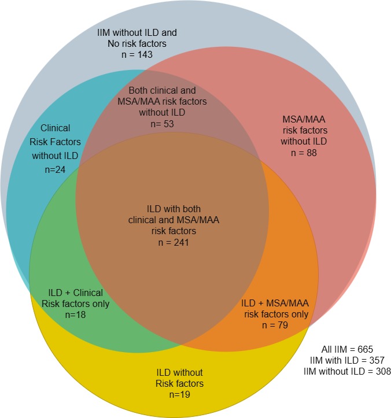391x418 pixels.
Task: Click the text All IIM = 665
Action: point(348,350)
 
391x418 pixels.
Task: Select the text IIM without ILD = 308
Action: point(347,371)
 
